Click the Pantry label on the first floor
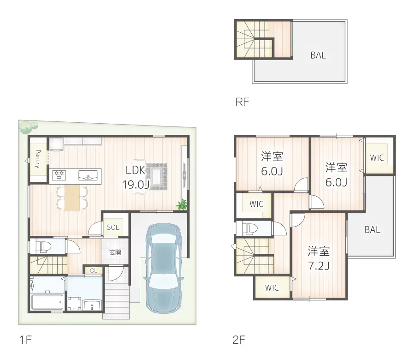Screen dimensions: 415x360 38,159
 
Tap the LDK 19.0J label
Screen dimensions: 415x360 136,177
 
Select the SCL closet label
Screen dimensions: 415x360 113,227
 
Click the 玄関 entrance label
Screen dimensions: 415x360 115,252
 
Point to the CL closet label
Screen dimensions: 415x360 94,270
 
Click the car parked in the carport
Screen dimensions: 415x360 163,268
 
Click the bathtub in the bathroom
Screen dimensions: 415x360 47,302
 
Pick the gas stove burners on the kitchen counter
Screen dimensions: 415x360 59,175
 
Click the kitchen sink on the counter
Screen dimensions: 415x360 88,175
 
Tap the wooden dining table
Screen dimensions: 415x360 72,198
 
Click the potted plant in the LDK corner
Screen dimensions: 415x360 182,204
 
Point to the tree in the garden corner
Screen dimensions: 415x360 28,127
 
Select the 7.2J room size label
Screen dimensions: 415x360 319,266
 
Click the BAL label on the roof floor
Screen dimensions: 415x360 318,55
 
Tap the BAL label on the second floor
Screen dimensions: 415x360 373,229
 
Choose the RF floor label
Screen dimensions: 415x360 242,102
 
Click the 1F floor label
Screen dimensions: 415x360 26,340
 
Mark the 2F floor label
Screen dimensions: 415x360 239,340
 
